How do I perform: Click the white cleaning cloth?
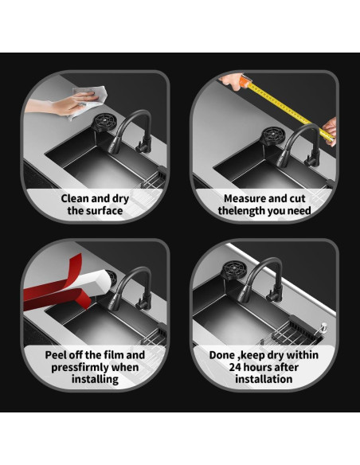tap(89, 101)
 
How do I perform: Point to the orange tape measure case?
tap(245, 81)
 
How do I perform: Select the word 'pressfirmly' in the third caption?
tap(80, 367)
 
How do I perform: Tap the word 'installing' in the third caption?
tap(95, 379)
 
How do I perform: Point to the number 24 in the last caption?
tap(234, 367)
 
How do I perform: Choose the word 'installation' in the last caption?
tap(264, 379)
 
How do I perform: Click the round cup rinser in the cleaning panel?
tap(104, 122)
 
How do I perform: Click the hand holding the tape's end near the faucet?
tap(331, 131)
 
